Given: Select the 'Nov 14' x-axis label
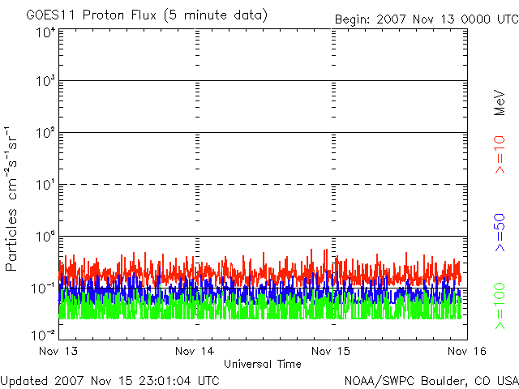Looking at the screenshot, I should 195,351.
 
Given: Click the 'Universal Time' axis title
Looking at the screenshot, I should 262,364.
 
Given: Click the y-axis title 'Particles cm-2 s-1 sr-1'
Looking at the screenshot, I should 14,198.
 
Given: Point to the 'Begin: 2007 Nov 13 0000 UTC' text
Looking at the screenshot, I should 426,19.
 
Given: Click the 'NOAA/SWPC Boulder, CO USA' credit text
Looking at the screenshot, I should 431,379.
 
